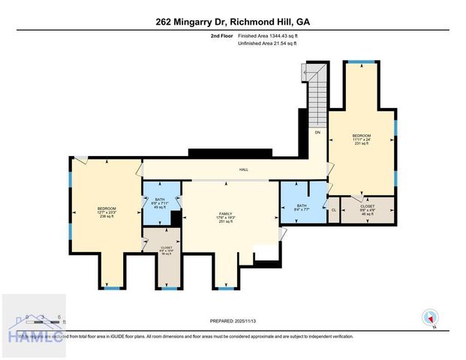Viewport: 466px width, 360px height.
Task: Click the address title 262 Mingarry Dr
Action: tap(233, 22)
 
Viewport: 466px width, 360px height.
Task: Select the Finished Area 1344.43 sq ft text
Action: tap(268, 36)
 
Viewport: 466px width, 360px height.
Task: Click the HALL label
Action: tap(244, 170)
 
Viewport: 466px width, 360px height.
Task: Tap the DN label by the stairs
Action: tap(317, 133)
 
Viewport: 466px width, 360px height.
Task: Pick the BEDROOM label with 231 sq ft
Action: tap(362, 139)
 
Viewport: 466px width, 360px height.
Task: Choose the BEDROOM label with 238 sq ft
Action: tap(107, 212)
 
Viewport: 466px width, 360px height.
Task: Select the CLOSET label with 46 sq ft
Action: tap(368, 208)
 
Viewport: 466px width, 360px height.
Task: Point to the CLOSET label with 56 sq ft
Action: tap(166, 250)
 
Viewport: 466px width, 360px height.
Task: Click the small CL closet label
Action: tap(334, 211)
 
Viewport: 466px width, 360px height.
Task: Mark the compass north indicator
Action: tap(430, 316)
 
